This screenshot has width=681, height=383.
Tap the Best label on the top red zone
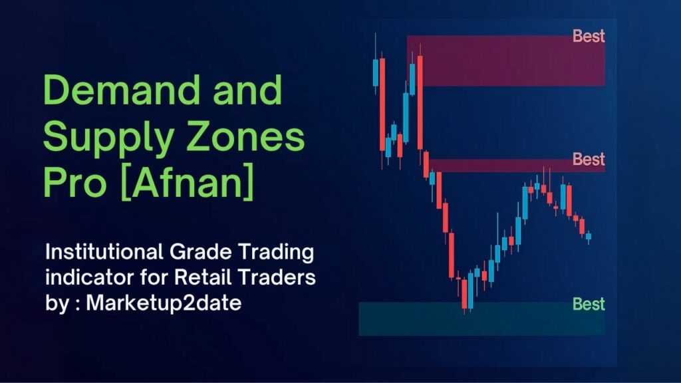589,37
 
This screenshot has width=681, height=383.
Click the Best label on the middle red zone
589,160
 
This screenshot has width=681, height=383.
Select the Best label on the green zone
589,305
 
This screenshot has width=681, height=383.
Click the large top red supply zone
505,61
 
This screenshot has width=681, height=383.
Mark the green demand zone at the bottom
479,319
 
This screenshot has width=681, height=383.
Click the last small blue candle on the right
588,236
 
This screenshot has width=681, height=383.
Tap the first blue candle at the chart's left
376,72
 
